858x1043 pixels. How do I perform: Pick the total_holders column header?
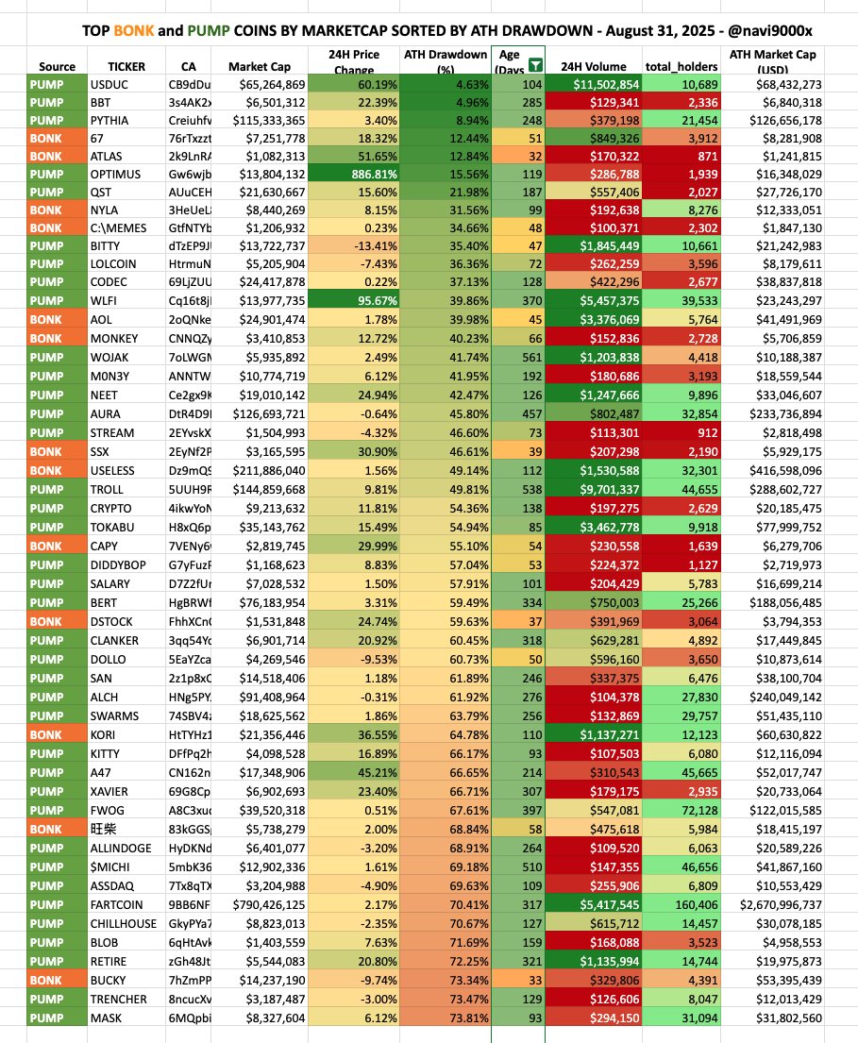tap(681, 67)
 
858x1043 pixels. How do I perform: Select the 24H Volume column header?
tap(591, 67)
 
